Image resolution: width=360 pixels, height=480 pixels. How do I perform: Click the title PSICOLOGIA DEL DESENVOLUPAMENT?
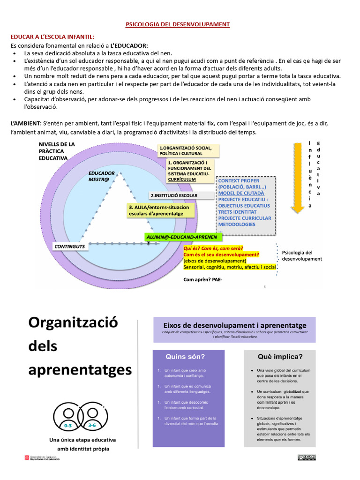[x=178, y=24]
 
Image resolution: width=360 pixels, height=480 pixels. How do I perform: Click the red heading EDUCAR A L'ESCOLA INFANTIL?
[x=52, y=37]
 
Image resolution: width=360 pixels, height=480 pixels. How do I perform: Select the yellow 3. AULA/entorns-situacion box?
[x=160, y=210]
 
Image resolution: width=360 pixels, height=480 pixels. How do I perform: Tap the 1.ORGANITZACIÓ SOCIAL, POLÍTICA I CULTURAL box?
[x=188, y=150]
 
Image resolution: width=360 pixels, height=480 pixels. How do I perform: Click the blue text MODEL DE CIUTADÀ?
[x=241, y=193]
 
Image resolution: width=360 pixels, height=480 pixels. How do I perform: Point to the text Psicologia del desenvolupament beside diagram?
[x=302, y=255]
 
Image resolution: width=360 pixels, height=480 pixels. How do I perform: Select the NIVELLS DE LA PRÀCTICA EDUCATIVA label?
[x=57, y=151]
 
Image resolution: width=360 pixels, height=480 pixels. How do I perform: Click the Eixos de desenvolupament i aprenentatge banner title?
[x=234, y=325]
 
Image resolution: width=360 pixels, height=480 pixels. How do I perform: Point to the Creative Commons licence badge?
[x=306, y=457]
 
